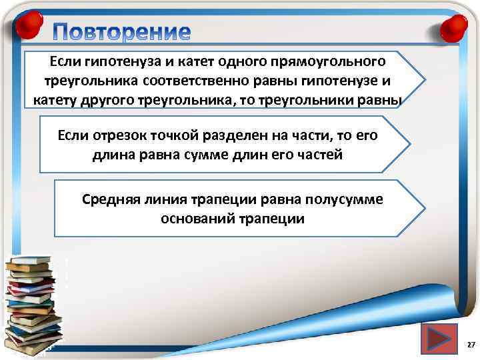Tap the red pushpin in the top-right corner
coord(453,27)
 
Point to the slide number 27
coord(471,345)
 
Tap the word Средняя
coord(109,199)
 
